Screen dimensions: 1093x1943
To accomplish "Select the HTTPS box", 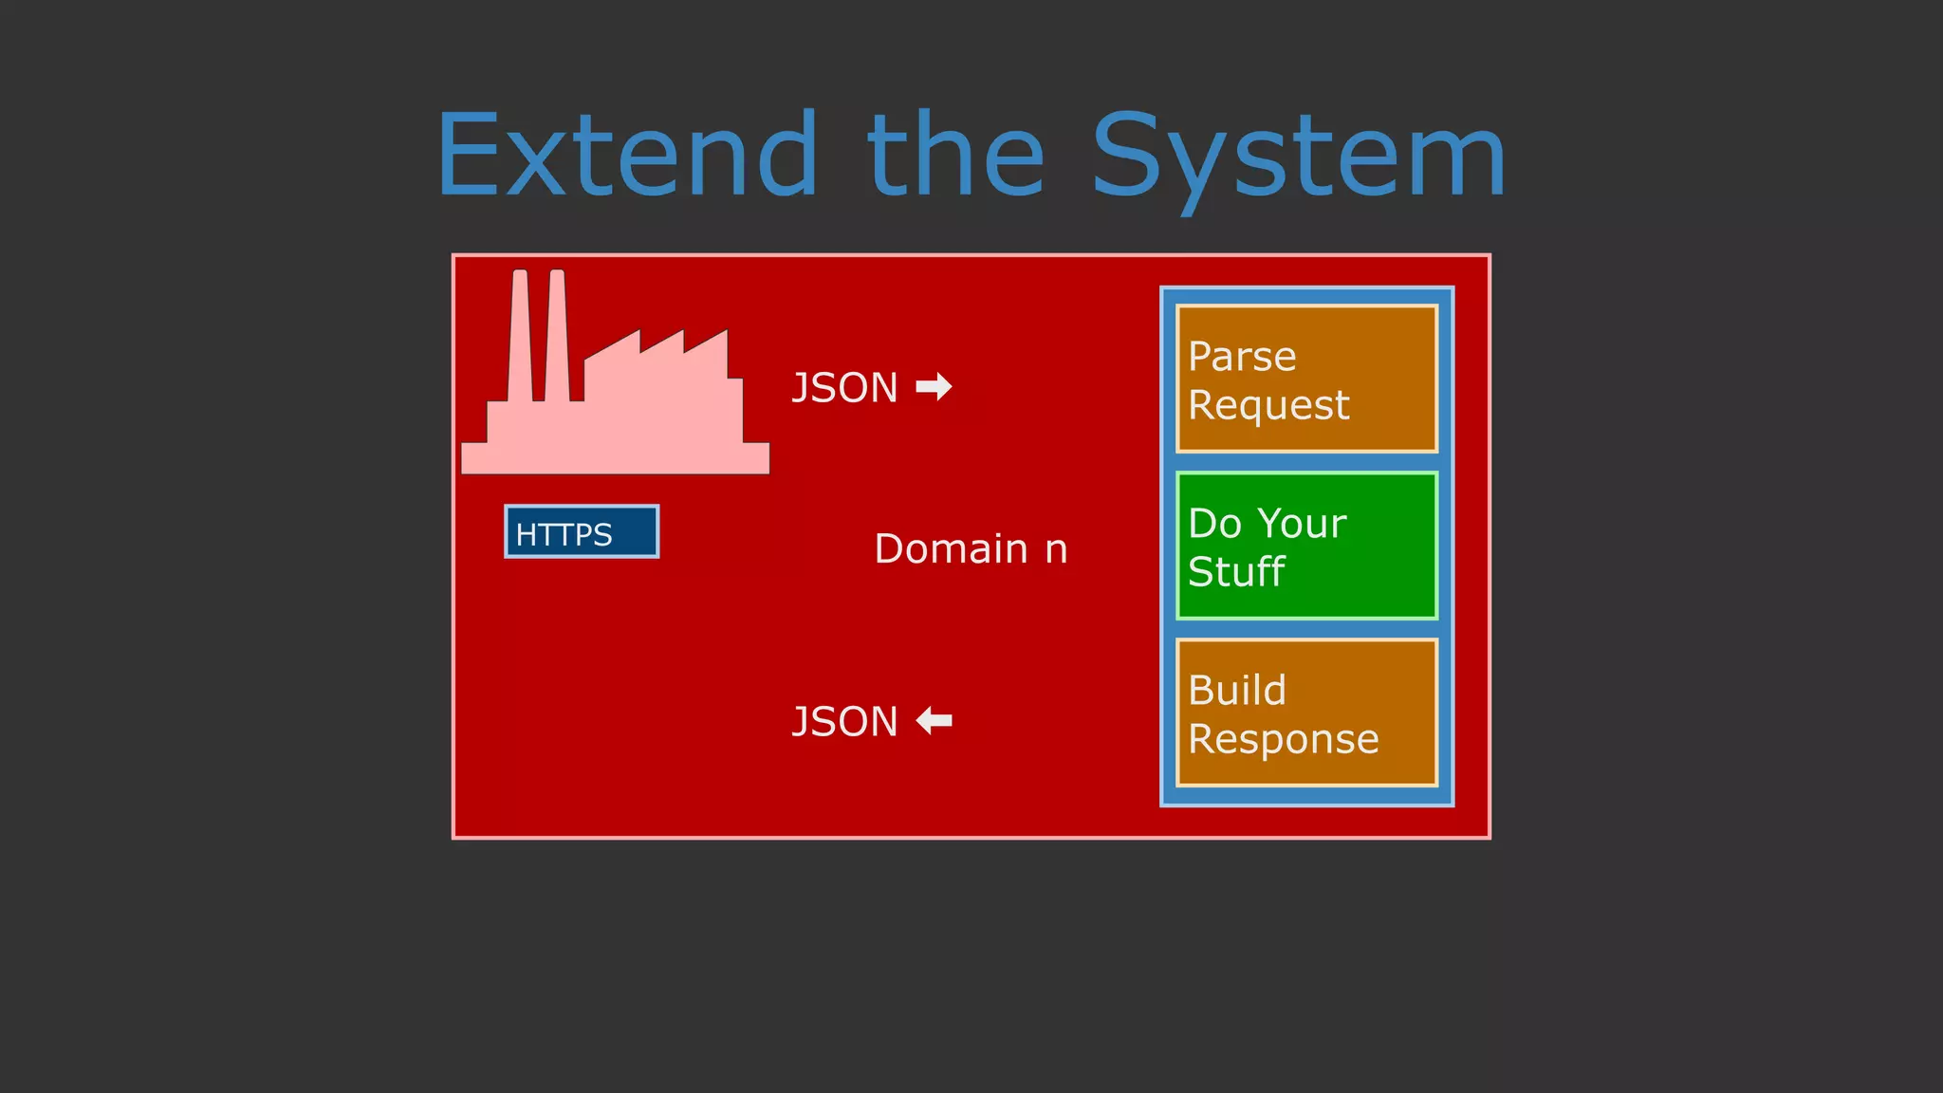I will click(581, 532).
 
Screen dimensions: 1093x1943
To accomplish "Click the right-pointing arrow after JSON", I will click(934, 387).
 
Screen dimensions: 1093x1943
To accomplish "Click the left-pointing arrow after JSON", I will click(934, 721).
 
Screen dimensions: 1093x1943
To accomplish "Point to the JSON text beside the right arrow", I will click(844, 388).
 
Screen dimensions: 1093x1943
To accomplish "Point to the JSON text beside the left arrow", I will click(844, 722).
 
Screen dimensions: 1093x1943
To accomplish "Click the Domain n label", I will click(971, 549).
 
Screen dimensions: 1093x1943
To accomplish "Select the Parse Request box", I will click(1306, 379).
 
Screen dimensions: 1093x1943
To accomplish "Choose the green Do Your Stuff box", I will click(1306, 546).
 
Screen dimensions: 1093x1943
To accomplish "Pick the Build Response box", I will click(1306, 713).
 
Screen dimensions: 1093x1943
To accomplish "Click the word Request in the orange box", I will click(1268, 406).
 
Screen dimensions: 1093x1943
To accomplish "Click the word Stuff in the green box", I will click(1236, 572).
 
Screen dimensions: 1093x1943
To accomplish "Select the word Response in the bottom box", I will click(1284, 739).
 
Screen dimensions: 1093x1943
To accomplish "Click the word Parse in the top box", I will click(1242, 357).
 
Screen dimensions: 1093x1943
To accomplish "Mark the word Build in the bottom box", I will click(1237, 691).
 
